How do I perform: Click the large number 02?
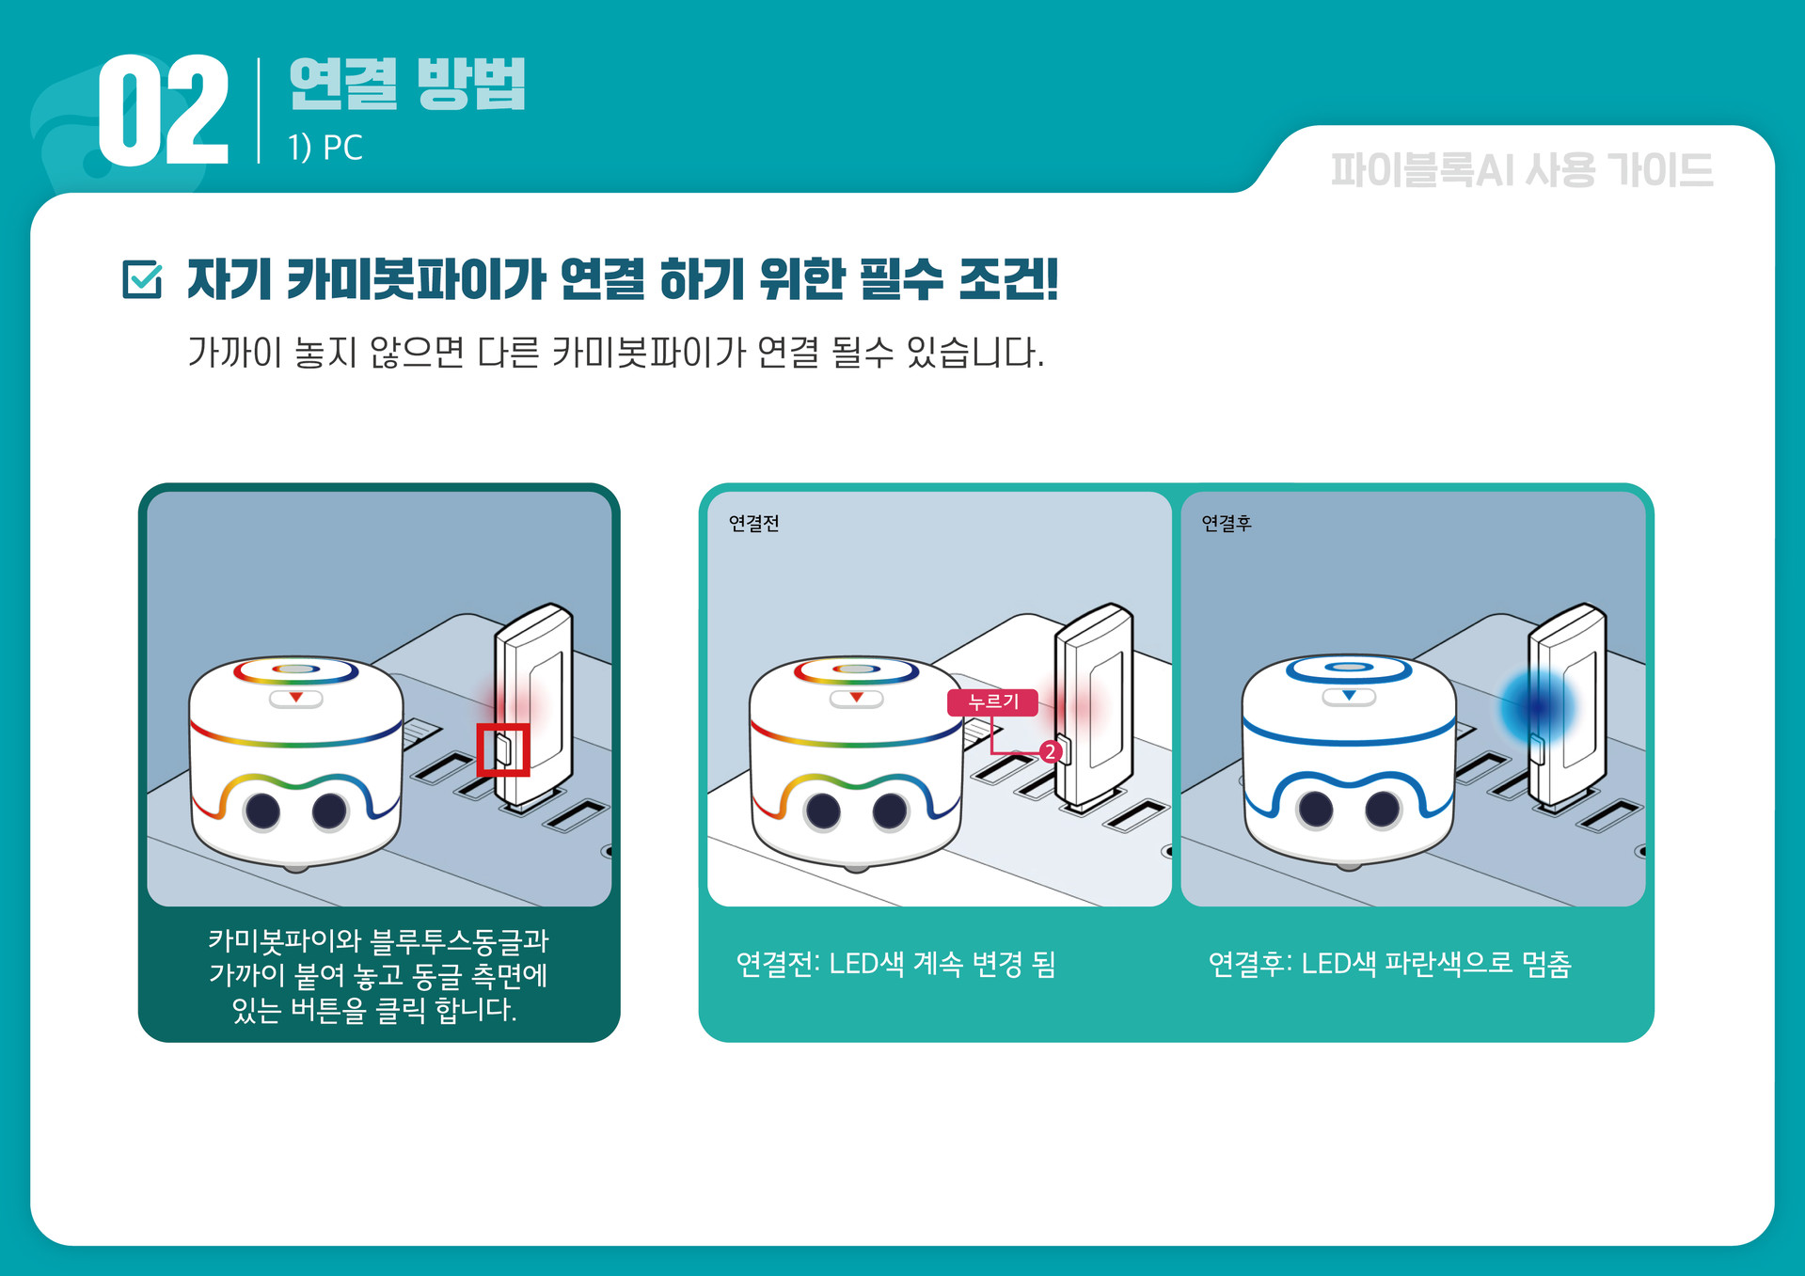(x=164, y=110)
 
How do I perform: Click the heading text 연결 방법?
(x=407, y=84)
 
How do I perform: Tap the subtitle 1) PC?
(x=325, y=148)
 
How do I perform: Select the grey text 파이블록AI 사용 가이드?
(x=1522, y=170)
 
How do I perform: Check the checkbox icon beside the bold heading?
(x=143, y=279)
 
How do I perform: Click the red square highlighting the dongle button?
(x=503, y=749)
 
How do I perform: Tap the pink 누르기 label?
(x=993, y=702)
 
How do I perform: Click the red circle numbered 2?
(x=1051, y=751)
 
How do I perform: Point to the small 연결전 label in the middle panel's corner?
(x=754, y=524)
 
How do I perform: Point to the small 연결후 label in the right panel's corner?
(x=1227, y=524)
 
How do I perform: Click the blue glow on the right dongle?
(x=1536, y=706)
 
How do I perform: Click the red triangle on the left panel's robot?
(x=296, y=698)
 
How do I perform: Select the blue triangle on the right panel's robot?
(x=1349, y=696)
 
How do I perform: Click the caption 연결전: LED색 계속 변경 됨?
(x=895, y=964)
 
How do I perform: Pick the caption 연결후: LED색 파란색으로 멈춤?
(x=1389, y=964)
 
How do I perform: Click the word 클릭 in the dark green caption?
(x=400, y=1010)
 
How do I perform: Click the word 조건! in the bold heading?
(x=1008, y=279)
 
